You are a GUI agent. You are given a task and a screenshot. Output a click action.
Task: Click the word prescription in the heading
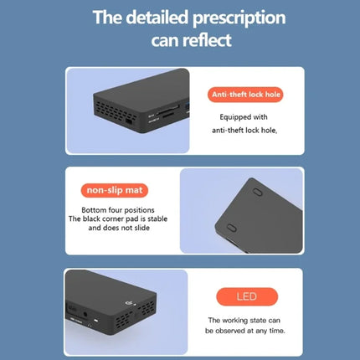[239, 18]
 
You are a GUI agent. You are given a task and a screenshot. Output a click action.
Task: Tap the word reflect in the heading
[208, 40]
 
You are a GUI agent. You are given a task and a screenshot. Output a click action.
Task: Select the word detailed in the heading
[157, 17]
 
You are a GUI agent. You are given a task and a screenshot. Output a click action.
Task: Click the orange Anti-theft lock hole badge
[245, 95]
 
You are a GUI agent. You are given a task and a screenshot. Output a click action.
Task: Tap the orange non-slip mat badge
[115, 190]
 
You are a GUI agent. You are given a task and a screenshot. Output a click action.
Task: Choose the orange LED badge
[247, 296]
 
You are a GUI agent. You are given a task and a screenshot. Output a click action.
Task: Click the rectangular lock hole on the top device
[129, 121]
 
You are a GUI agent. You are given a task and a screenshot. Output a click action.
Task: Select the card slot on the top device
[167, 111]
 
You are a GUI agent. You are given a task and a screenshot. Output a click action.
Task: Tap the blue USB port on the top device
[188, 106]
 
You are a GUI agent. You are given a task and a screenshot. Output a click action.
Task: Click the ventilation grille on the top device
[115, 112]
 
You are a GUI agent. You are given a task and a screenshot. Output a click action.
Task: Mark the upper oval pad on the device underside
[257, 192]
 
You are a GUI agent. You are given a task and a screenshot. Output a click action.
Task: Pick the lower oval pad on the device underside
[231, 228]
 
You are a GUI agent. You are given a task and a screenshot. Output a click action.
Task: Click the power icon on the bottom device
[129, 303]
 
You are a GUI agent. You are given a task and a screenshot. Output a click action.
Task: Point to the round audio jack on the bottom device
[85, 315]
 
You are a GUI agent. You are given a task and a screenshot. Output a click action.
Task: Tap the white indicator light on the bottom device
[96, 321]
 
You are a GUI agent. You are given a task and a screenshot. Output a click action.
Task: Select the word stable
[157, 219]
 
